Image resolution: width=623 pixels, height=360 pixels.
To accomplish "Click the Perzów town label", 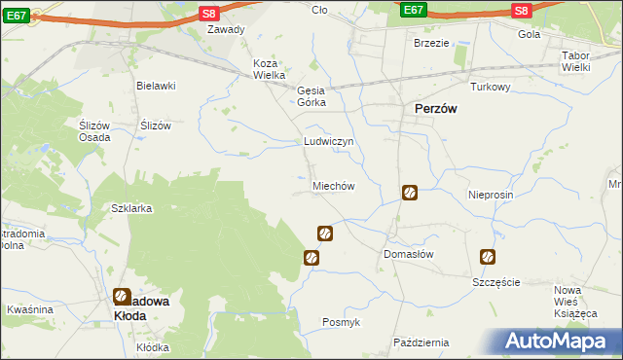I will point(436,110).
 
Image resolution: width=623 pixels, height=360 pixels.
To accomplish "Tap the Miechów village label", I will point(332,186).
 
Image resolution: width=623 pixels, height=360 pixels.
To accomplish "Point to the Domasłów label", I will point(408,253).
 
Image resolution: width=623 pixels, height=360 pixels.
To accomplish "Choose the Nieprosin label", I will point(490,194).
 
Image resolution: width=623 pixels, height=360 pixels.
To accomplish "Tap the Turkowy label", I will point(491,87).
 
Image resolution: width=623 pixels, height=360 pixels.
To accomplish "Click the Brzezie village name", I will point(431,43).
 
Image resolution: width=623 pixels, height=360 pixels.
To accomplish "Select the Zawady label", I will point(227,29).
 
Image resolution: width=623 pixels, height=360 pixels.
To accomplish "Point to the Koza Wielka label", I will point(269,69).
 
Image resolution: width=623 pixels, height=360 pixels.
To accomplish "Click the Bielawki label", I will point(156,86).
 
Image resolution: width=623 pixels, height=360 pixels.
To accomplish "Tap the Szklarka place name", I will point(131,208).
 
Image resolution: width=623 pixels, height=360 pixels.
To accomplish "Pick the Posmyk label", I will point(341,322).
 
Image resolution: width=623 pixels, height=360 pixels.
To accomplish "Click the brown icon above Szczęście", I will point(487,258).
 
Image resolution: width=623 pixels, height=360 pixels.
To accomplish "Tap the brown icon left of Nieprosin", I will point(411,194).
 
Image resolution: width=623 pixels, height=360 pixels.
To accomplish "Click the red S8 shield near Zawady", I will point(209,13).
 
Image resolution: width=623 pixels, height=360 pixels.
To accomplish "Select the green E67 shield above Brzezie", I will point(413,10).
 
